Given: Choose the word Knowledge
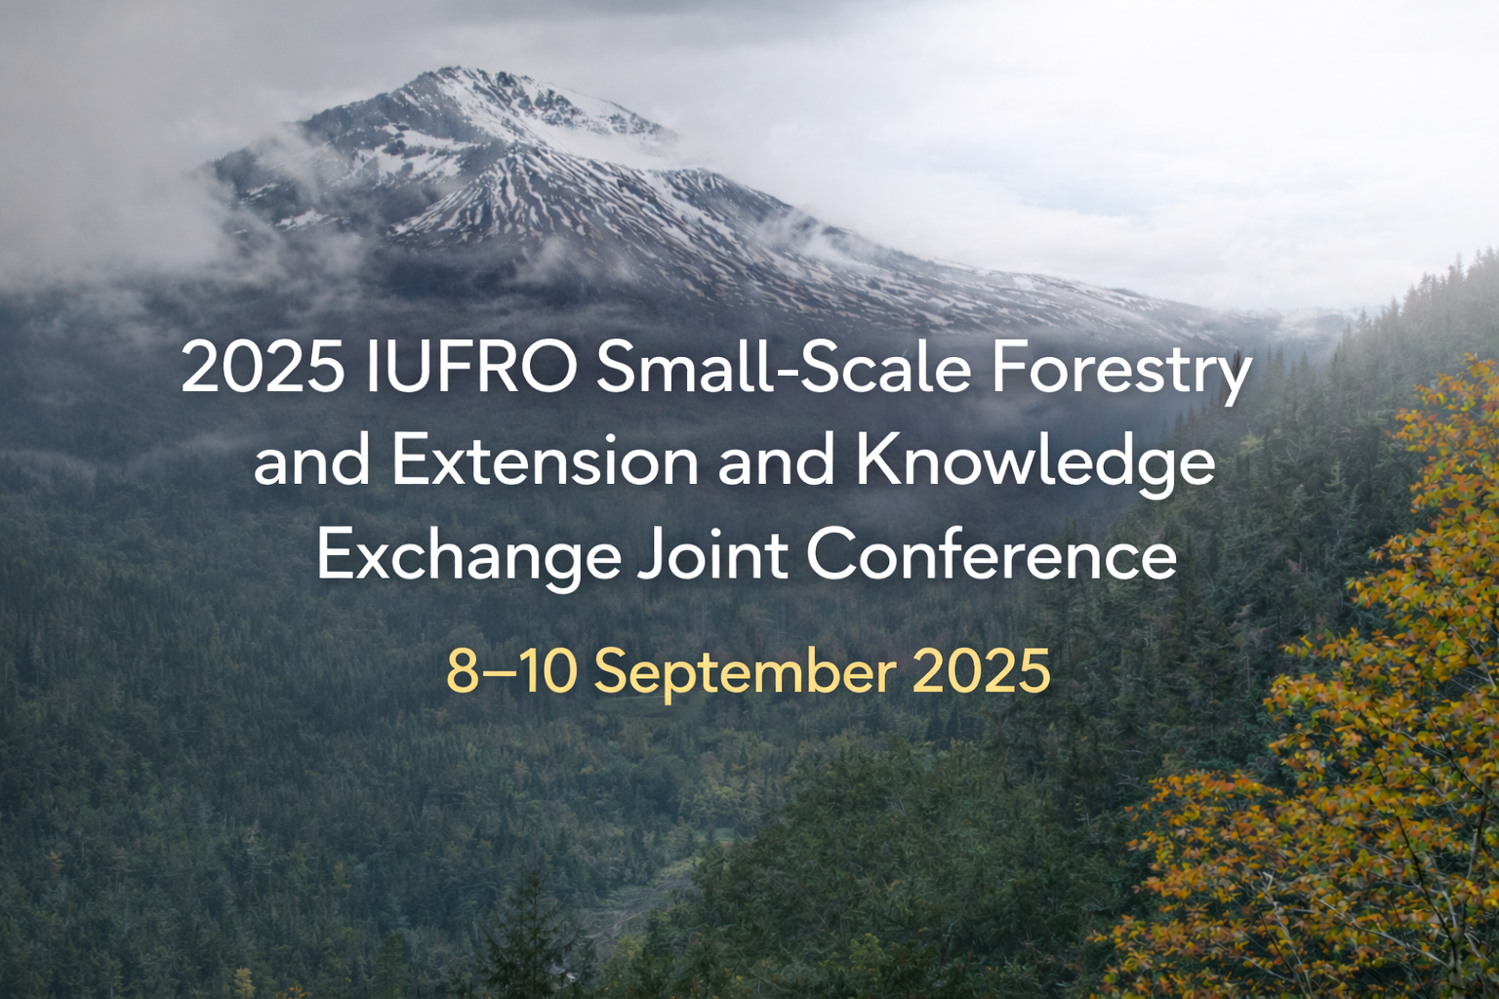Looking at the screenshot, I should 1035,462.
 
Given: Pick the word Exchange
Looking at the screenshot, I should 468,555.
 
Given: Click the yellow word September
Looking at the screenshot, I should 745,672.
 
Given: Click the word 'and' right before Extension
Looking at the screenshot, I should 311,461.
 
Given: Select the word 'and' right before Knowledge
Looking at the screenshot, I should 777,461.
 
